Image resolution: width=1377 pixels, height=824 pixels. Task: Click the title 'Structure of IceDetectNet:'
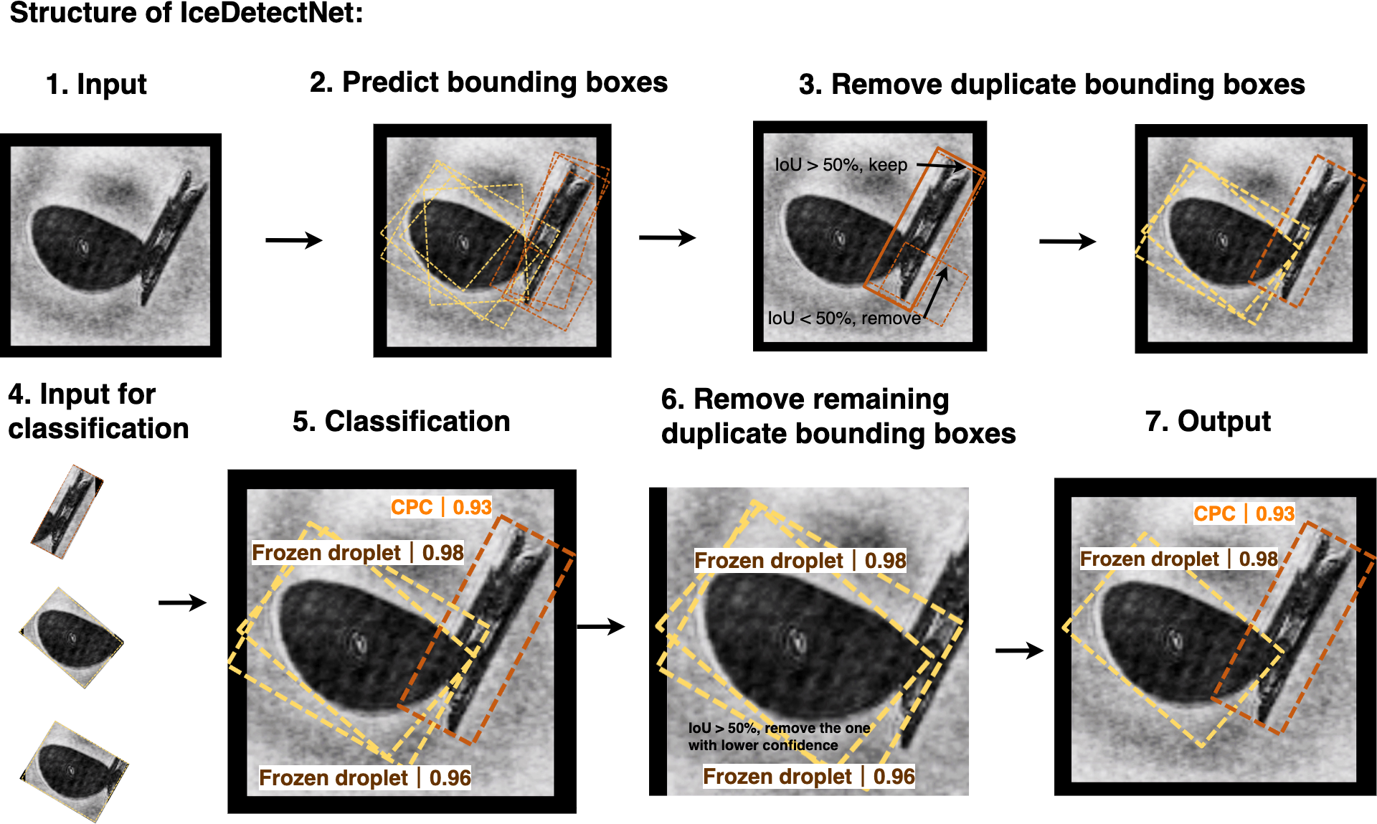tap(186, 14)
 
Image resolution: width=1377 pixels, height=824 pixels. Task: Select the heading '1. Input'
tap(96, 85)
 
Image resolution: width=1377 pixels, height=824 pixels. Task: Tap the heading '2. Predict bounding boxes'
tap(488, 82)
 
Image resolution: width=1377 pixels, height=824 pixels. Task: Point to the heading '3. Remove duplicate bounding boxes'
tap(1051, 85)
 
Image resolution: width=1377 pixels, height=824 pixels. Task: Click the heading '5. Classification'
tap(401, 422)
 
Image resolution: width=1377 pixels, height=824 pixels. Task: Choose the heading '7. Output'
tap(1208, 422)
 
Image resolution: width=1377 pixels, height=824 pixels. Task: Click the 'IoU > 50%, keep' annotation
tap(841, 165)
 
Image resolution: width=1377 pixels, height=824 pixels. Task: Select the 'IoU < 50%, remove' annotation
tap(844, 318)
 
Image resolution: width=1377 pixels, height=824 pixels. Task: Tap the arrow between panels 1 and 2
tap(294, 240)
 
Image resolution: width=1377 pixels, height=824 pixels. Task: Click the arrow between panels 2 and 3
tap(667, 237)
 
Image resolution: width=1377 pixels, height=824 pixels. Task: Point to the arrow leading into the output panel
tap(1019, 650)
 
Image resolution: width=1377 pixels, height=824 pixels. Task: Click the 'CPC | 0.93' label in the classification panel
tap(441, 507)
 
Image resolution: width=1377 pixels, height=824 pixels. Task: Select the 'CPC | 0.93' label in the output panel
tap(1244, 513)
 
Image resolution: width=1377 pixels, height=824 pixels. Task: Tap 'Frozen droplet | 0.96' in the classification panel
tap(365, 778)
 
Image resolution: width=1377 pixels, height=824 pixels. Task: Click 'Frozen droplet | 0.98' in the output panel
tap(1178, 559)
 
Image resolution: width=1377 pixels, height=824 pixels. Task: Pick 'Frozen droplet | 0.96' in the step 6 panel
tap(808, 777)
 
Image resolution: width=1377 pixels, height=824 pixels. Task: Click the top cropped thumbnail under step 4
tap(67, 511)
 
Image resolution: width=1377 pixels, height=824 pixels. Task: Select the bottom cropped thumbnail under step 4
tap(74, 771)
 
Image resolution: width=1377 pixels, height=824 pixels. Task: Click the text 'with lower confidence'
tap(763, 746)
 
